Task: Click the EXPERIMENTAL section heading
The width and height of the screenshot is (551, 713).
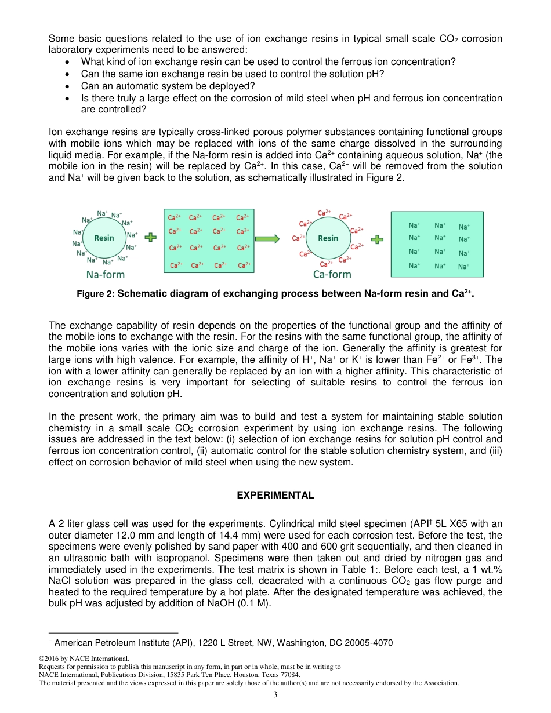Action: tap(275, 495)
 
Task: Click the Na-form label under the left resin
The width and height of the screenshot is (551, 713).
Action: tap(106, 274)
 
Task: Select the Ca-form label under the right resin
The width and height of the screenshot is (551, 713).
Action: tap(332, 274)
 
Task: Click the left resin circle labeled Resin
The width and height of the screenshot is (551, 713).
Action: tap(104, 238)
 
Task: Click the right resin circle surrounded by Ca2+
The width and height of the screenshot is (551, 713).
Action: tap(328, 238)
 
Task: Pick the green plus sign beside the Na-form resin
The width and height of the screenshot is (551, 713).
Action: tap(151, 238)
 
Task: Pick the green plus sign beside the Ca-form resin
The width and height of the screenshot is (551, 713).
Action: tap(378, 238)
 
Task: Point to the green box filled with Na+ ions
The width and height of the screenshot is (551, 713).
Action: tap(437, 243)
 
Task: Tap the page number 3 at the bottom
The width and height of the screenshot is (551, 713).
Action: tap(275, 694)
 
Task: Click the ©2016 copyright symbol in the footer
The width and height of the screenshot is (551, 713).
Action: tap(41, 659)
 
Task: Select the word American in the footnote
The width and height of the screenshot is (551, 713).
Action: tap(73, 642)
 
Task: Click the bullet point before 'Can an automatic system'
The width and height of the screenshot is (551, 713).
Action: tap(69, 86)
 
